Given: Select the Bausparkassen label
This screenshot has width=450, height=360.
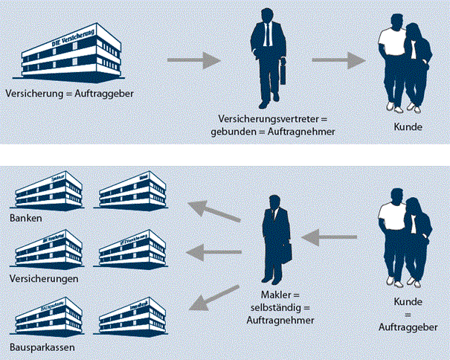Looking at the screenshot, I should (42, 347).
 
